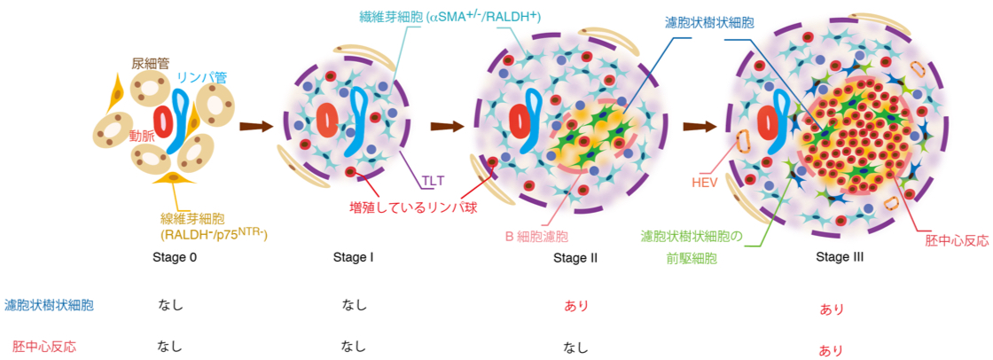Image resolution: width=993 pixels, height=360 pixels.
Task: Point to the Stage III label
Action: click(x=840, y=258)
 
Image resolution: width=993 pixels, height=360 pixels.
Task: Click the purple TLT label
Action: click(x=433, y=181)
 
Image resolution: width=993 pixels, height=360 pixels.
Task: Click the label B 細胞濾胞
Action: click(x=536, y=237)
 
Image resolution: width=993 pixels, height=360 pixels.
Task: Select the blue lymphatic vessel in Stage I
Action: click(x=359, y=115)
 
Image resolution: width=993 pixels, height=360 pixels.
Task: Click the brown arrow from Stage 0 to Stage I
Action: click(x=254, y=126)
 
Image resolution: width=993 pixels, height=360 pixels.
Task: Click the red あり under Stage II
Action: click(x=576, y=306)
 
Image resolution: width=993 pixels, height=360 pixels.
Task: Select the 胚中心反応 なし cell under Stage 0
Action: click(x=170, y=347)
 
